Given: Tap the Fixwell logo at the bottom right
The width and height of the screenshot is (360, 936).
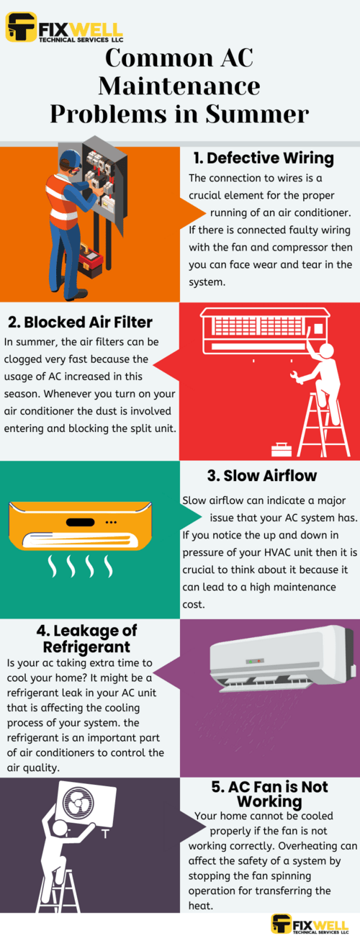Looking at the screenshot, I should (x=312, y=924).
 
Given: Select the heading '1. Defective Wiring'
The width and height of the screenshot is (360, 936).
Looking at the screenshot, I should (x=263, y=158).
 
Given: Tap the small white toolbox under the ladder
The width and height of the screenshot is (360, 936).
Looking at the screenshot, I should (x=282, y=450).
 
